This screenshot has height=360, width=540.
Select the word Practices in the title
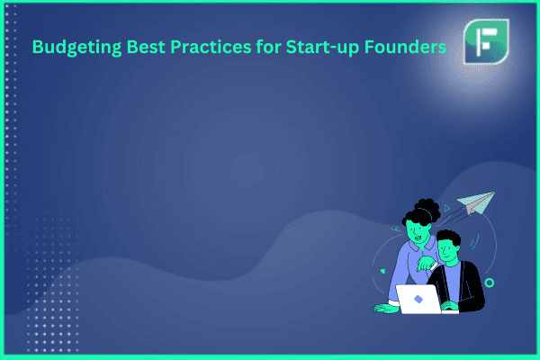coord(211,47)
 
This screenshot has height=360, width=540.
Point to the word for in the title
coord(268,47)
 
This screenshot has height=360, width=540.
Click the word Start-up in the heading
coord(322,48)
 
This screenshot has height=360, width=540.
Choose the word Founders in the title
coord(405,47)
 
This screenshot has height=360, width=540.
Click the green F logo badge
coord(486,41)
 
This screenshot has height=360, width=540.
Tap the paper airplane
coord(476,202)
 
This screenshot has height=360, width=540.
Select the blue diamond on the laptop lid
coord(418,299)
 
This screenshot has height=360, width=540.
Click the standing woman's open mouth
coord(418,238)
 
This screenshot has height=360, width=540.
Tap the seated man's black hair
coord(449,238)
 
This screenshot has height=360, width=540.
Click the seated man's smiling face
coord(447,251)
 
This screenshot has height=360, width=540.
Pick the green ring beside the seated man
coord(490,283)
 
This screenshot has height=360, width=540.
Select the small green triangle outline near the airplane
coord(447,208)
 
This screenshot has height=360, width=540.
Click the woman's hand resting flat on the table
coord(385,308)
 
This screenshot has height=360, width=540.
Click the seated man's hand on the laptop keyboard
coord(449,306)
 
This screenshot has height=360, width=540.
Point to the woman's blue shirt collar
coord(421,245)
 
